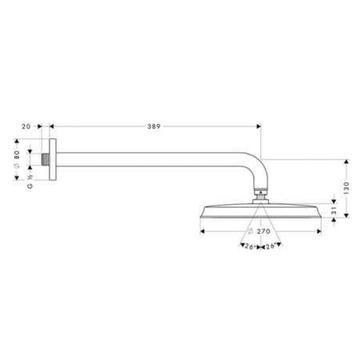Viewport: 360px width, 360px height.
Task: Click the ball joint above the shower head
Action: pos(259,194)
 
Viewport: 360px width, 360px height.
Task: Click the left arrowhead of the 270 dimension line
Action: pos(200,230)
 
